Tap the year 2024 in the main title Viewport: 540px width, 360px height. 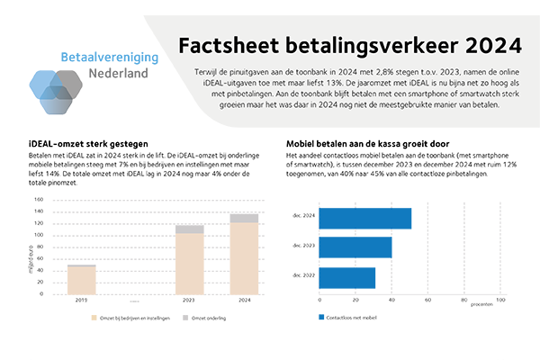[490, 45]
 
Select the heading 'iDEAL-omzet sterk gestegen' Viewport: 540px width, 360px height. [76, 143]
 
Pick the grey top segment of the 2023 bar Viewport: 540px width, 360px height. [189, 229]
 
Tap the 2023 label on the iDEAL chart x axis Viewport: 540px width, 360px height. [189, 301]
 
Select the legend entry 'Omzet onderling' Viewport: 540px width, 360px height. [211, 318]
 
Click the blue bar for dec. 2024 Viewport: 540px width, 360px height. [365, 219]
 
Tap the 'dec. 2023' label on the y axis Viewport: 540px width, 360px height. [303, 246]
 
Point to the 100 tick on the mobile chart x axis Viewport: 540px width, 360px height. [500, 300]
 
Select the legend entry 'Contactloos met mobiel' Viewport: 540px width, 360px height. [353, 317]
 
